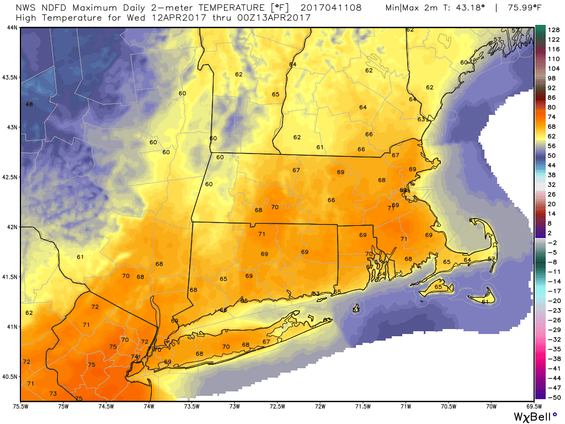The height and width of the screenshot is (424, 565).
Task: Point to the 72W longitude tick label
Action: tap(320, 407)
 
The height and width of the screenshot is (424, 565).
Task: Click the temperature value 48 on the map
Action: tap(30, 104)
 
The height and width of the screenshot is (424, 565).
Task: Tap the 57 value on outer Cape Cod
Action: tap(492, 259)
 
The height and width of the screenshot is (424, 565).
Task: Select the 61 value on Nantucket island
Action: tap(486, 301)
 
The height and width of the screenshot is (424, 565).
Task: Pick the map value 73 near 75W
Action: tap(53, 394)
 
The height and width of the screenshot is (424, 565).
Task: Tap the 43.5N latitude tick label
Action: tap(10, 77)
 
